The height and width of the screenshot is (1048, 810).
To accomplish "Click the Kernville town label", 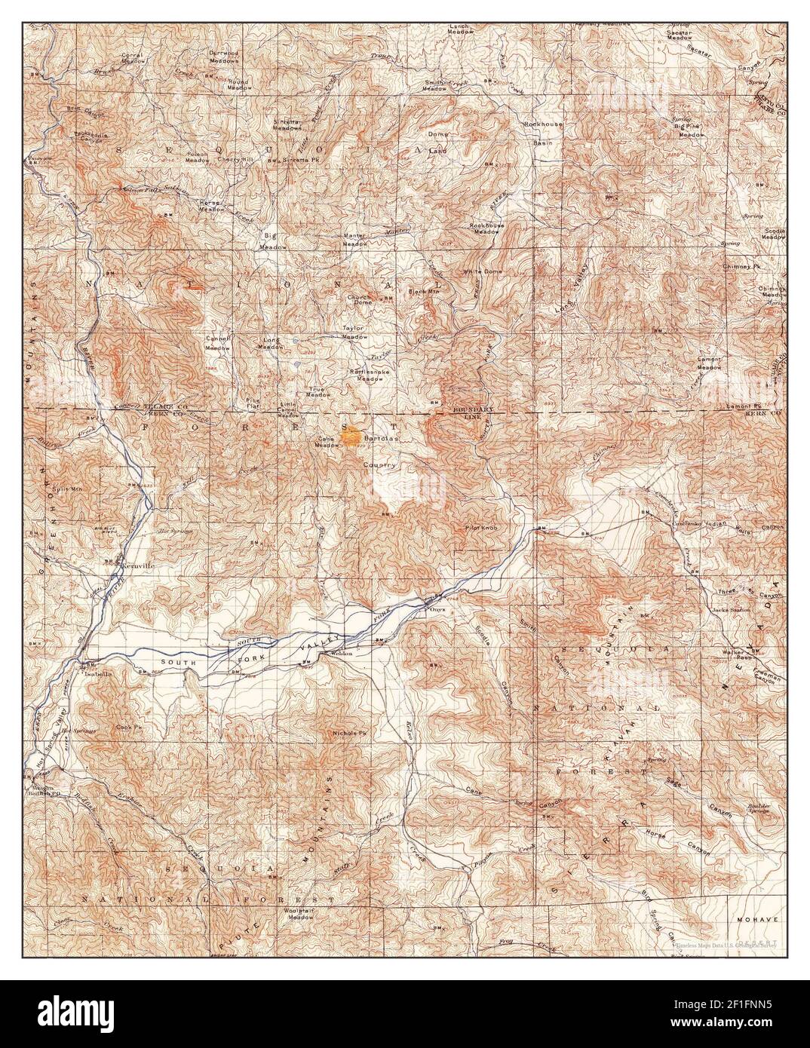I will [x=137, y=563].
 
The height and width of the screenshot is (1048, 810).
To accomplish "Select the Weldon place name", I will [x=341, y=654].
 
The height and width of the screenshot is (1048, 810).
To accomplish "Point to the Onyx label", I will [x=437, y=611].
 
